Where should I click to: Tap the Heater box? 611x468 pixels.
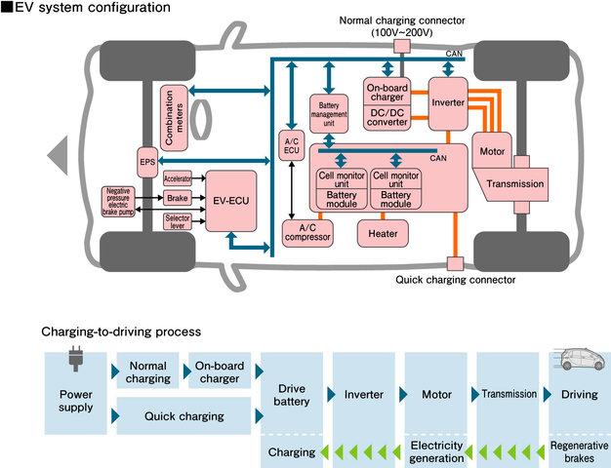[382, 233]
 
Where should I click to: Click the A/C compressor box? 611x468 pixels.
[306, 232]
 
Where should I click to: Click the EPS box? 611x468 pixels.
[147, 162]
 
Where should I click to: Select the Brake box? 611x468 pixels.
[177, 197]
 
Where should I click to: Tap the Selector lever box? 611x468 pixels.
[177, 221]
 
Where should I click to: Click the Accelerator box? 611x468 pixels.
[177, 178]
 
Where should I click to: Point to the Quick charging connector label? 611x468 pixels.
[456, 280]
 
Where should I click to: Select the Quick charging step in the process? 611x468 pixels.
[183, 416]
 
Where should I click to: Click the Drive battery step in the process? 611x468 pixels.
[292, 395]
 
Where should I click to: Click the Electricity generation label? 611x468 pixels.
[436, 451]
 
